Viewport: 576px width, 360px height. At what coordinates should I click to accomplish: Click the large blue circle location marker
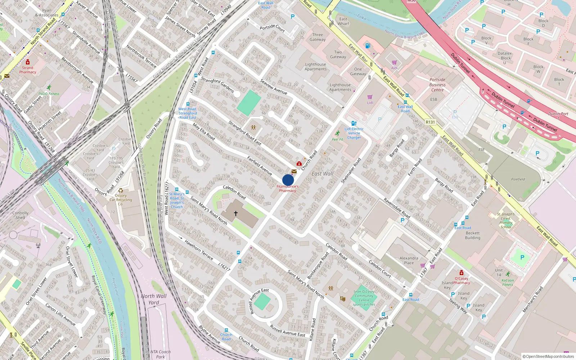click(288, 180)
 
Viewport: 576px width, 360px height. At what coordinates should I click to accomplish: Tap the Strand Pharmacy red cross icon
click(28, 62)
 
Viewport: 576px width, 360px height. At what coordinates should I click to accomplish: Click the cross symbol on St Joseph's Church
click(236, 213)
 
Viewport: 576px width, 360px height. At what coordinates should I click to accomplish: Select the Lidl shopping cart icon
click(370, 97)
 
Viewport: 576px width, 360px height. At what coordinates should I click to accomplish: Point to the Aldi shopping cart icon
click(394, 63)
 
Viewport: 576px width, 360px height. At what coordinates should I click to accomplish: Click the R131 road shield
click(430, 122)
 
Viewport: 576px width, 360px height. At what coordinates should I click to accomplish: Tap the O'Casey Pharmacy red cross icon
click(462, 273)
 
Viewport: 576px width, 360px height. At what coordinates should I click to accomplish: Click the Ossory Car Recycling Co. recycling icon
click(121, 190)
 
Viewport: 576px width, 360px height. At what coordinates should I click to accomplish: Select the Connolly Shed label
click(21, 215)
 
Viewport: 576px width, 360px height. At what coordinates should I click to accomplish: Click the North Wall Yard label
click(154, 299)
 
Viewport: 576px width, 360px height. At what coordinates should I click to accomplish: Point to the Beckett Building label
click(473, 235)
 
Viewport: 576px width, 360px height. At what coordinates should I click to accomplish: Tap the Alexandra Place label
click(409, 260)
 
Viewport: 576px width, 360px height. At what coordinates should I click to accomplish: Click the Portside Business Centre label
click(437, 85)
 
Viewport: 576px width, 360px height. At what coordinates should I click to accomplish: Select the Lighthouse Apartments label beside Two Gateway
click(315, 67)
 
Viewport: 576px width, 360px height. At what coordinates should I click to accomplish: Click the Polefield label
click(518, 179)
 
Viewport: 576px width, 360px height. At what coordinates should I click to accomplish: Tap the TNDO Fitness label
click(49, 94)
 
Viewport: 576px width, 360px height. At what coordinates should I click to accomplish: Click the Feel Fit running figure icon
click(337, 134)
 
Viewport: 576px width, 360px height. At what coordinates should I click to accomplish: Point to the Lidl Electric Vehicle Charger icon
click(354, 123)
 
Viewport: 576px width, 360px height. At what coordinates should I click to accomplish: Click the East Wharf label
click(343, 21)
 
